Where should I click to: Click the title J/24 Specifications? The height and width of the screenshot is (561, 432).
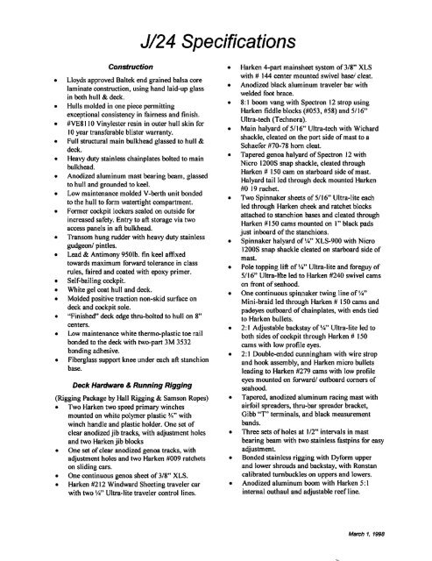coord(215,39)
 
